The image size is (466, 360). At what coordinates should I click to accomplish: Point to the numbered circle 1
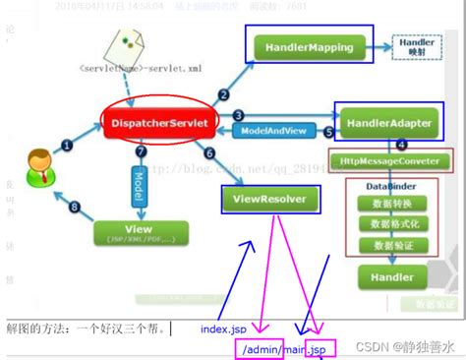click(x=67, y=145)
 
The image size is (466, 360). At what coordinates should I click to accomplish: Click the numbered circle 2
click(x=223, y=94)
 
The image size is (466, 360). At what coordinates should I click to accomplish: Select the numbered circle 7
click(x=142, y=153)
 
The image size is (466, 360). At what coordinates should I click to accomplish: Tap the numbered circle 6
click(x=208, y=153)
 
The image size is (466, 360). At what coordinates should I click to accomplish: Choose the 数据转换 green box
click(x=385, y=204)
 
